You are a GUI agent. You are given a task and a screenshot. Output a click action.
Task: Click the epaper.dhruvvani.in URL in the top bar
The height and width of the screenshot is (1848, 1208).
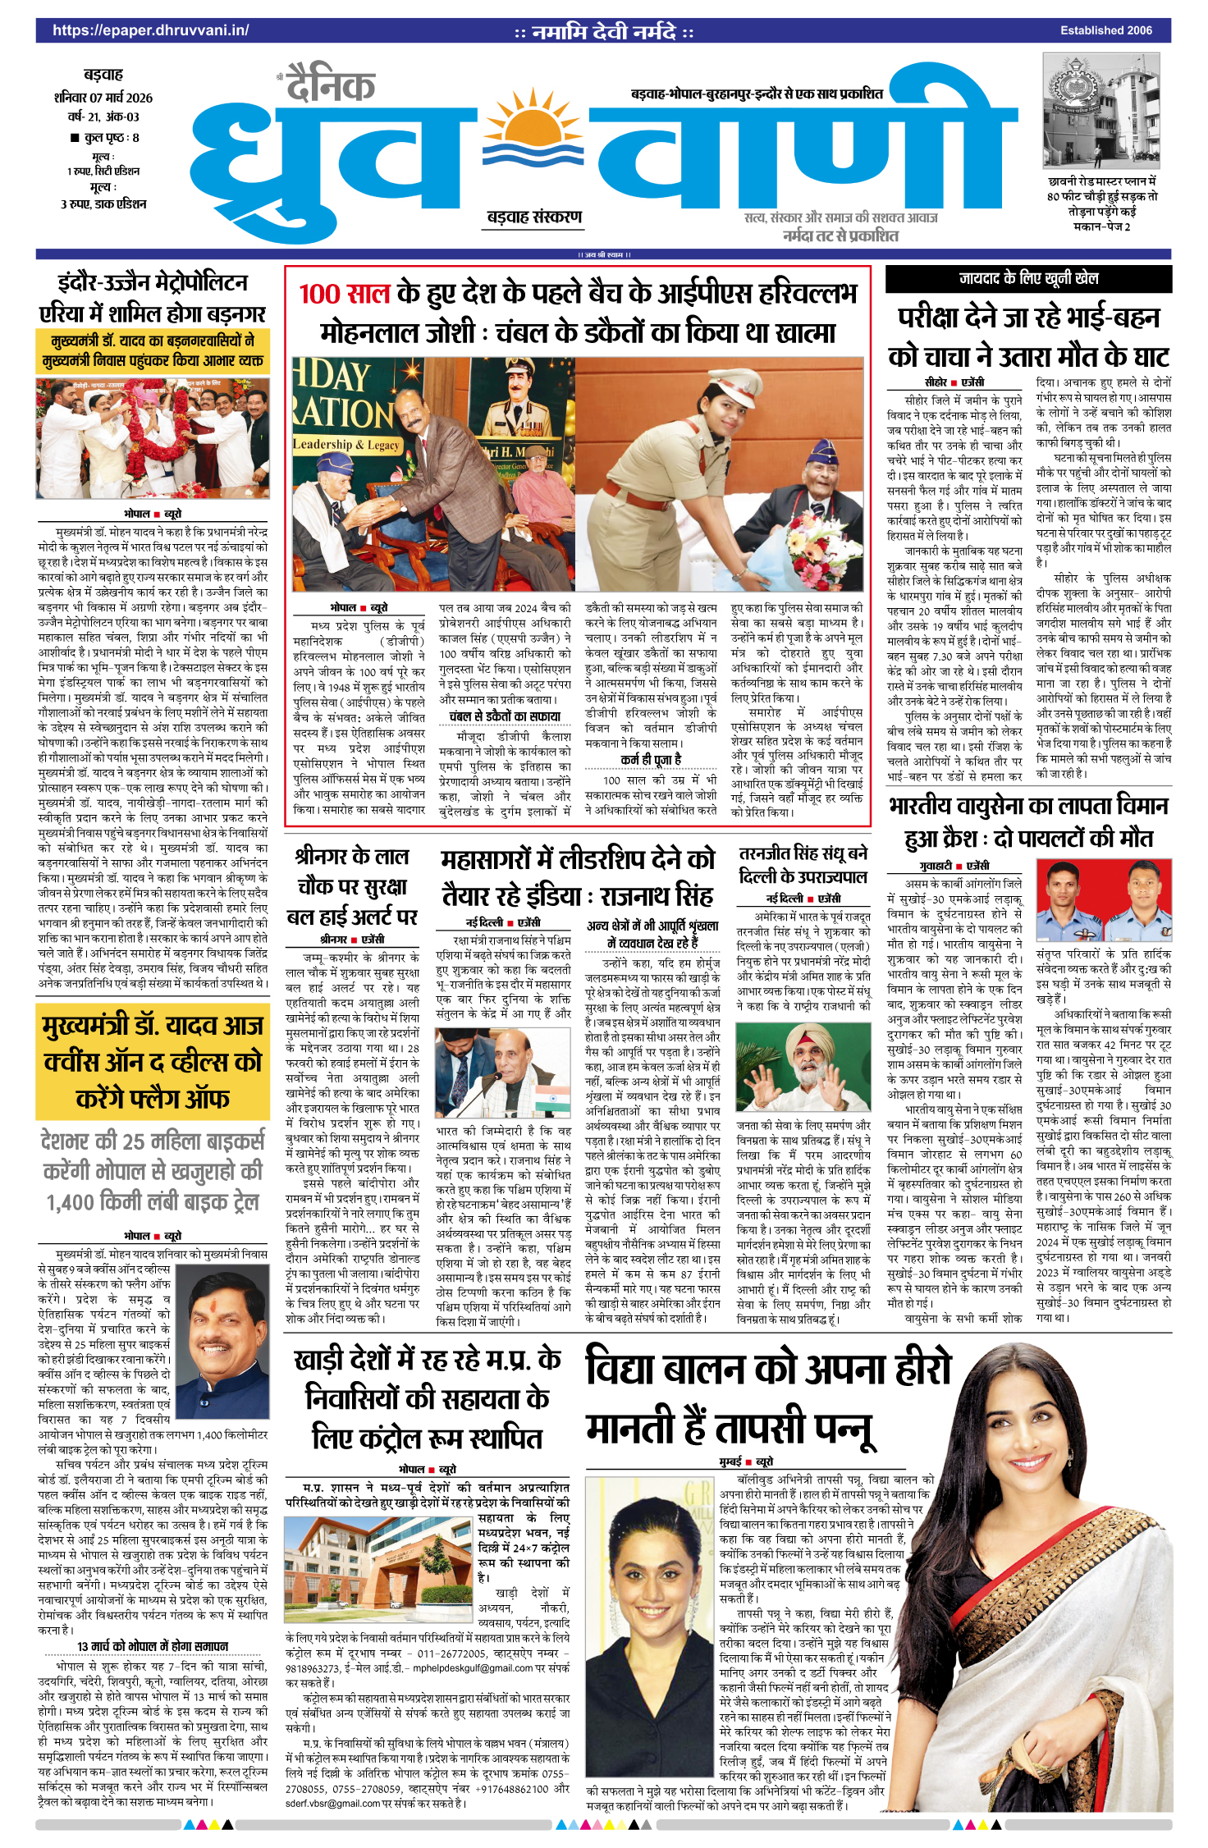point(151,30)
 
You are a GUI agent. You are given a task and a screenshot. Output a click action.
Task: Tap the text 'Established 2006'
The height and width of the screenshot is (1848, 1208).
point(1105,30)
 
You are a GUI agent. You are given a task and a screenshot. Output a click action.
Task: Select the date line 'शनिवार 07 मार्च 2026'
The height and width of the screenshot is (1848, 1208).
point(103,98)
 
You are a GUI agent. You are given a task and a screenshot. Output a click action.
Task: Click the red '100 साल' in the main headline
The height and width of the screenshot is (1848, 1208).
point(344,294)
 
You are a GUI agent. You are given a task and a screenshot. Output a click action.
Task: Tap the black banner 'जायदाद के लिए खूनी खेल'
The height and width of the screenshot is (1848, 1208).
point(1028,279)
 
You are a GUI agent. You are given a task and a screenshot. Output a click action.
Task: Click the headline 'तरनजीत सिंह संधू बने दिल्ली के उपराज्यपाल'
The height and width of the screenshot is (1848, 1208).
point(803,865)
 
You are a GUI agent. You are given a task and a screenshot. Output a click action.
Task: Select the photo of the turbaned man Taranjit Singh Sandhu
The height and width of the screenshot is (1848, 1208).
point(803,1070)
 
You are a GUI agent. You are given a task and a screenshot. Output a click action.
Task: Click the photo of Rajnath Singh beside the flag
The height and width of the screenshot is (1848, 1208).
point(503,1073)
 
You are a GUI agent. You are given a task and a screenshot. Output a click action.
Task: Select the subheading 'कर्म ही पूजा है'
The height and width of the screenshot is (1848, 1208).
point(651,760)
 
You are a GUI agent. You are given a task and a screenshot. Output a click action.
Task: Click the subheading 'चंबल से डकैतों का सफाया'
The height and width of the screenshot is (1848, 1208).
point(505,716)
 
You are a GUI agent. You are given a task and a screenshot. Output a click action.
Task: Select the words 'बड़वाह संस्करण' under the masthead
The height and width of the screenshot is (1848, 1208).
point(534,217)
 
